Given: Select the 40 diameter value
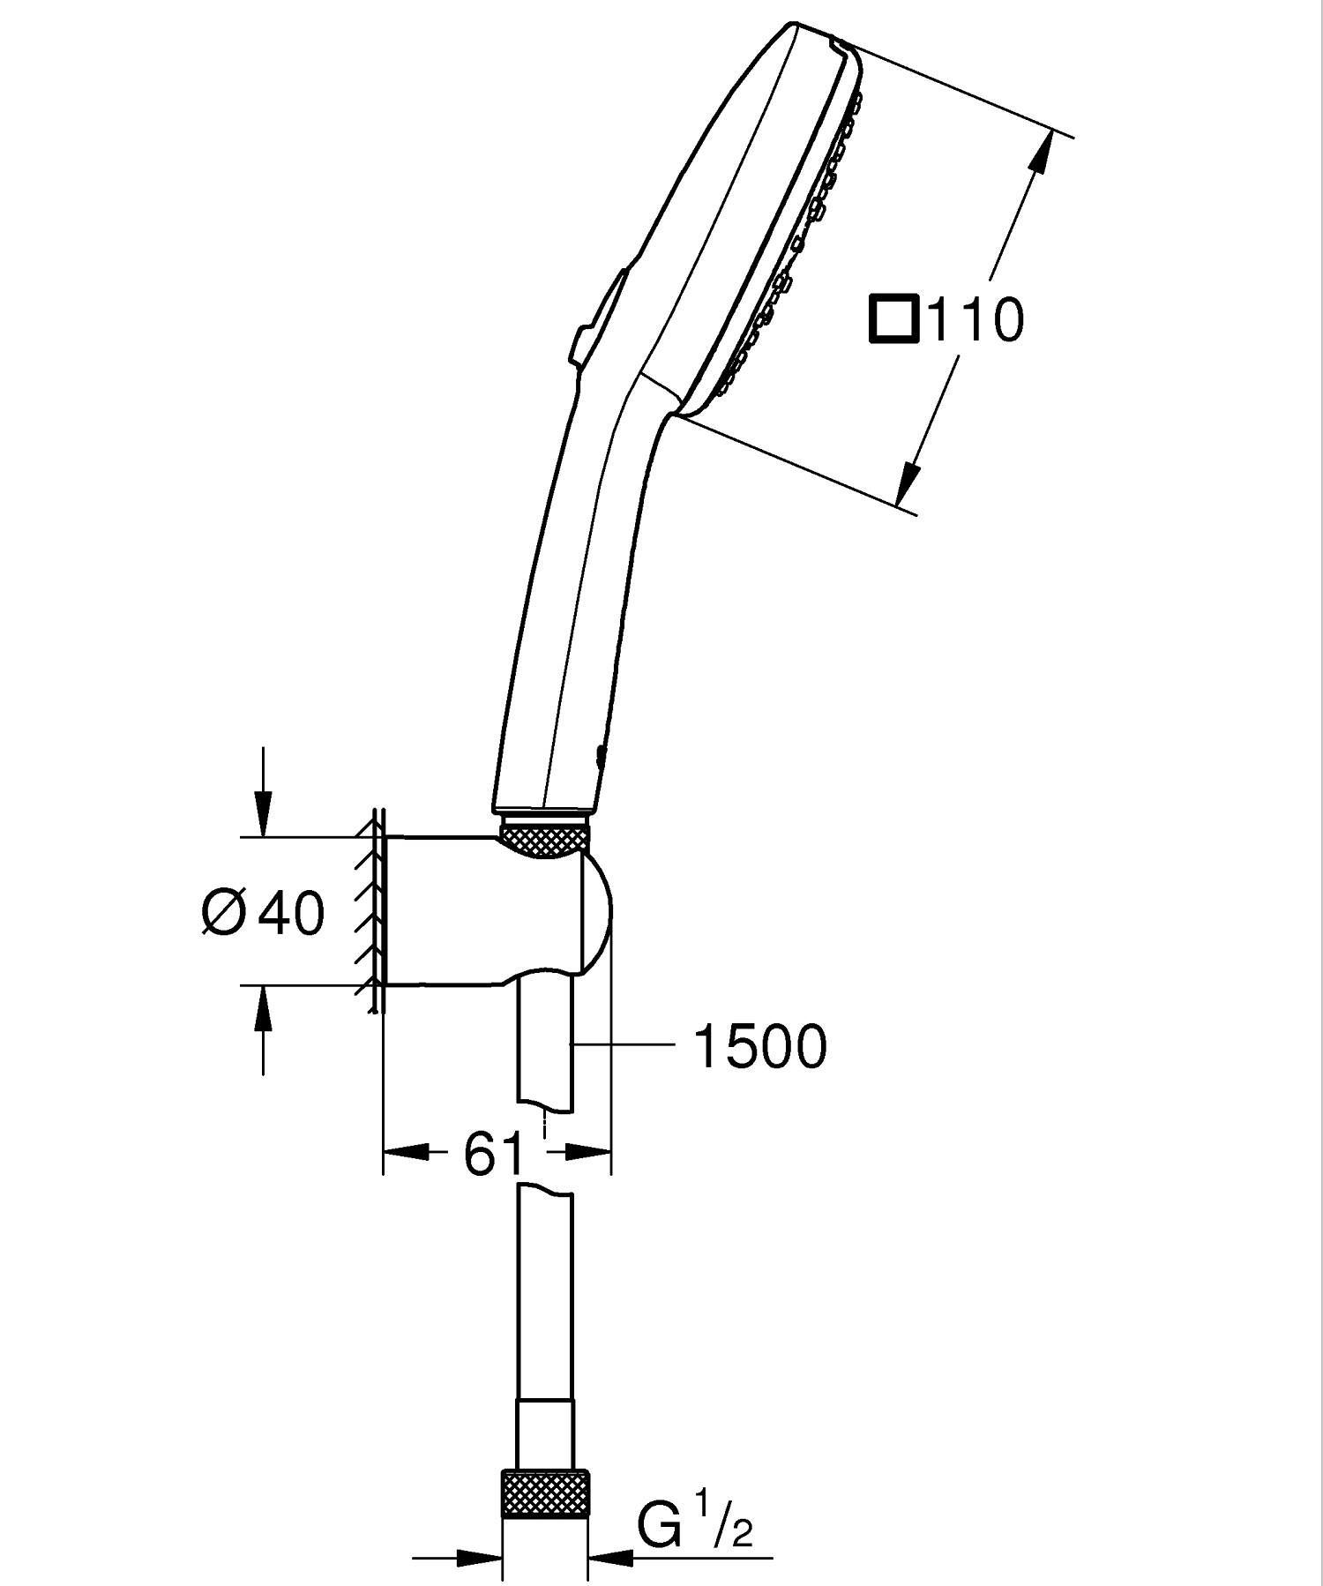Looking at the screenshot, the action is (x=291, y=912).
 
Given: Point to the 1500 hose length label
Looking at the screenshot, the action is (x=761, y=1047).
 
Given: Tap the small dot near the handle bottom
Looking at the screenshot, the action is (x=601, y=754).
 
